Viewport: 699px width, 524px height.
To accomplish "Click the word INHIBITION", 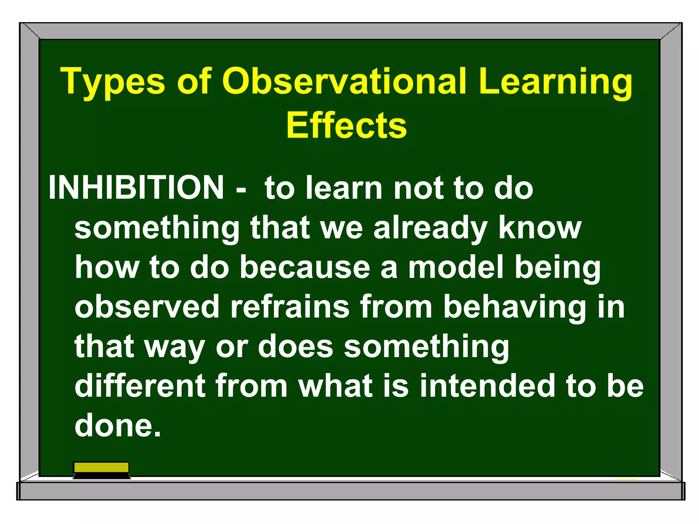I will pos(136,188).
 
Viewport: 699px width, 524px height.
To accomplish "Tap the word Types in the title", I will pos(113,82).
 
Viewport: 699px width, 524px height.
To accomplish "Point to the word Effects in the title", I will pos(346,126).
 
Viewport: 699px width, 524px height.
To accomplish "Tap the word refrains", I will pos(290,307).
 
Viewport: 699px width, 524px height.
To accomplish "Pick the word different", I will pos(140,386).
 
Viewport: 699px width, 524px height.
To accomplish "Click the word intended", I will pos(487,386).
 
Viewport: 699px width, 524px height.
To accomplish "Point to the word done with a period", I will pos(117,426).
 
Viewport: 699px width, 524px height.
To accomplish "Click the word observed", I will pos(147,307).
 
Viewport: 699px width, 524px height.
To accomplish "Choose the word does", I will pos(295,347).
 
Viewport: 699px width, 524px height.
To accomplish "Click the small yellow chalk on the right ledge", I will pos(626,479).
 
